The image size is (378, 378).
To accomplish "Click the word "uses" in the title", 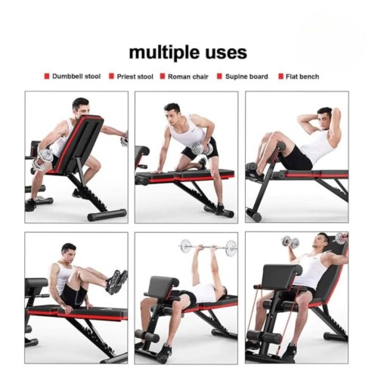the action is (x=226, y=53).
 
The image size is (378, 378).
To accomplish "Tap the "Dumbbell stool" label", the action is (x=76, y=76).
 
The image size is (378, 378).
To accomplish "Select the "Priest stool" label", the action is (x=135, y=76).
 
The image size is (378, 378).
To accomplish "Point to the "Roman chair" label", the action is (x=188, y=76).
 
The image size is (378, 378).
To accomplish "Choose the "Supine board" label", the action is (x=246, y=76).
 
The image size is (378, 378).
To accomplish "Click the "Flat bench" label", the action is (x=302, y=76).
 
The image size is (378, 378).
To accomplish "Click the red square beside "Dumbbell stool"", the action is (x=47, y=76).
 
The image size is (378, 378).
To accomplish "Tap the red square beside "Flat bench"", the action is (x=280, y=76).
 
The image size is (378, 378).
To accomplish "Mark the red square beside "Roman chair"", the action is (x=163, y=76).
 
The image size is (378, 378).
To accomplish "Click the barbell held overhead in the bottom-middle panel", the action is (x=209, y=247).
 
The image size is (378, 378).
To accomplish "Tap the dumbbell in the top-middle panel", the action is (x=202, y=149).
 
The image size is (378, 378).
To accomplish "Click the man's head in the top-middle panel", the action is (x=172, y=113).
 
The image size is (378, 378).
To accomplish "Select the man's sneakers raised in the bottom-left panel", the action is (x=116, y=281).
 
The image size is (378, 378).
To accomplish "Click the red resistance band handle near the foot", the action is (x=278, y=352).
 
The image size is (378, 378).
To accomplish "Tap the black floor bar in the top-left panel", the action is (x=107, y=215).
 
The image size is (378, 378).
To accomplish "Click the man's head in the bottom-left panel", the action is (x=69, y=253).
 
